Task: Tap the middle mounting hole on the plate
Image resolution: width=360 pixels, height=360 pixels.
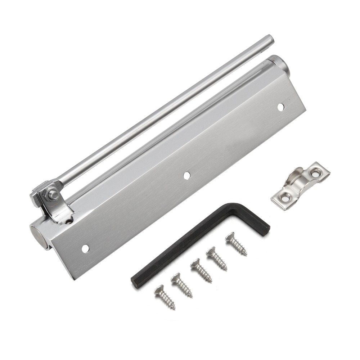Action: (186, 175)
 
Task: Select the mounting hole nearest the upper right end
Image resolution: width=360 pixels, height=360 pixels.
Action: (280, 107)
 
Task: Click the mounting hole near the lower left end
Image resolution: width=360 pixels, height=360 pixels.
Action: (85, 248)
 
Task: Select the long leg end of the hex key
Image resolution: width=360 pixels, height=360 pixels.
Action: (136, 281)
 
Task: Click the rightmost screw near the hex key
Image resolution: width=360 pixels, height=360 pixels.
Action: (236, 244)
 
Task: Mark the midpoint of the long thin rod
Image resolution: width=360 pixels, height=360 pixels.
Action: (162, 112)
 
